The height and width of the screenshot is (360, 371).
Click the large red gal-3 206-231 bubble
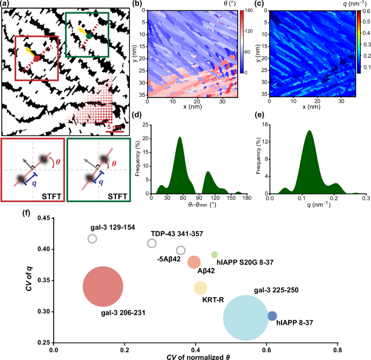click(x=103, y=286)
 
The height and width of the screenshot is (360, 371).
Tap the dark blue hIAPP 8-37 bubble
click(x=272, y=316)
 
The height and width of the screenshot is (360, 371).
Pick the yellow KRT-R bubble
click(x=200, y=287)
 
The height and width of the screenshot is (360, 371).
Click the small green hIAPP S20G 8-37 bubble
click(x=214, y=254)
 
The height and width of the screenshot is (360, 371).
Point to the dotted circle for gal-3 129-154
click(x=92, y=239)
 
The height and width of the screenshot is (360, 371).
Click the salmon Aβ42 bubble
click(x=194, y=263)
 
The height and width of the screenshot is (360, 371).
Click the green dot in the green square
click(x=89, y=36)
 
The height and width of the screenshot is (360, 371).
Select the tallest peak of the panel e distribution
click(x=309, y=131)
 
